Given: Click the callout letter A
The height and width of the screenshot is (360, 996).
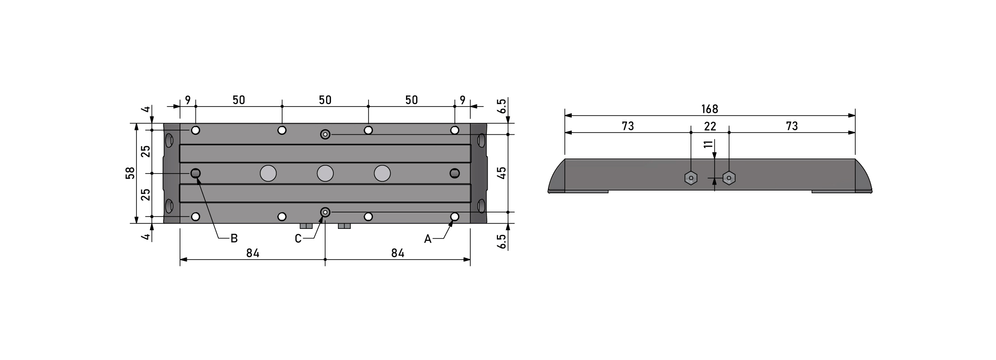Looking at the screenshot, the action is [427, 239].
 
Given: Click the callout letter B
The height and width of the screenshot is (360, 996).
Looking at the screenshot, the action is [234, 238].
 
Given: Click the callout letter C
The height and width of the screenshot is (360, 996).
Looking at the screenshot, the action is [298, 239].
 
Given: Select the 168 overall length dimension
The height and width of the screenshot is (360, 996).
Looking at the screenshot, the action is [710, 109].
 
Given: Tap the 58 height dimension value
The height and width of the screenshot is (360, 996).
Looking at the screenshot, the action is [131, 173].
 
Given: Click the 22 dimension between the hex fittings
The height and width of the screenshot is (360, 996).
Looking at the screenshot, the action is [710, 126].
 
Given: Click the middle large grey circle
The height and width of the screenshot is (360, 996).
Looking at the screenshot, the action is [325, 173].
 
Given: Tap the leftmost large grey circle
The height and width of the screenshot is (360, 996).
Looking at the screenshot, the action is [268, 173].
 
